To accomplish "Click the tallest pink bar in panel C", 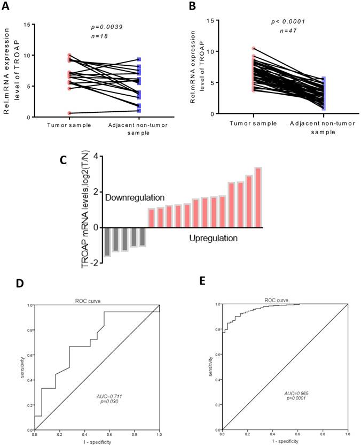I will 258,197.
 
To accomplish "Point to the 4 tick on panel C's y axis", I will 98,156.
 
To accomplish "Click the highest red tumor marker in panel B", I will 254,49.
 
